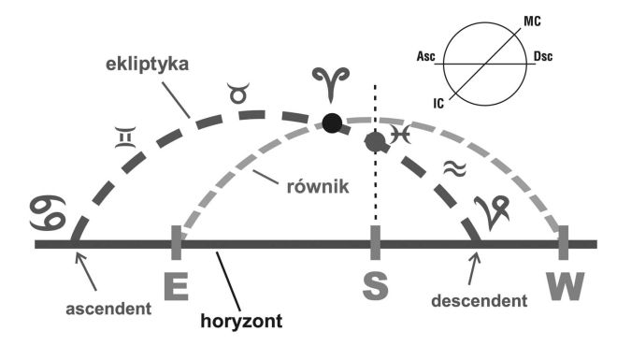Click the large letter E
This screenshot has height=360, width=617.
(x=174, y=285)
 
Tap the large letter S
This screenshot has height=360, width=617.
(x=374, y=286)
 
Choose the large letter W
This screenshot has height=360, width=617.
(x=562, y=285)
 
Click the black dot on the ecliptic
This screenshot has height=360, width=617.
(x=330, y=121)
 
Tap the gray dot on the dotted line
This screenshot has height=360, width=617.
(x=374, y=141)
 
